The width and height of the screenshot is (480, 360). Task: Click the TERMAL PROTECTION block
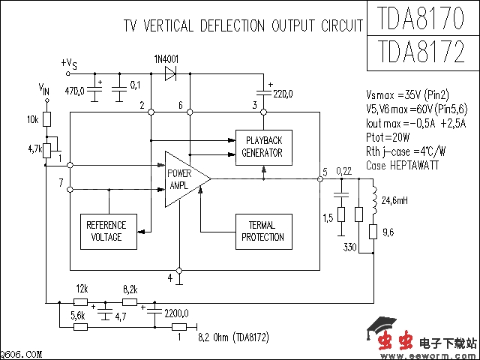tap(262, 232)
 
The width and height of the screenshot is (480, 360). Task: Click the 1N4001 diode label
tap(166, 58)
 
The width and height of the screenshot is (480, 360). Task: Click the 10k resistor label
tap(32, 120)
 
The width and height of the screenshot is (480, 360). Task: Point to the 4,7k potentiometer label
tap(34, 149)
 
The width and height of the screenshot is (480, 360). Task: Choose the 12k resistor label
tap(82, 289)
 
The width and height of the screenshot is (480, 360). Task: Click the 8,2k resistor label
tap(129, 289)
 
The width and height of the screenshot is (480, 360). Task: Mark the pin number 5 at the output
tap(325, 172)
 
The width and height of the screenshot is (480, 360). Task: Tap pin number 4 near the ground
tap(169, 277)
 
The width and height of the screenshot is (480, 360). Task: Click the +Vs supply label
tap(68, 64)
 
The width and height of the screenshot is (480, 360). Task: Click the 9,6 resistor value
tap(388, 233)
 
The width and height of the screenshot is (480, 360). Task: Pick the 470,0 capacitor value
tap(75, 91)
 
